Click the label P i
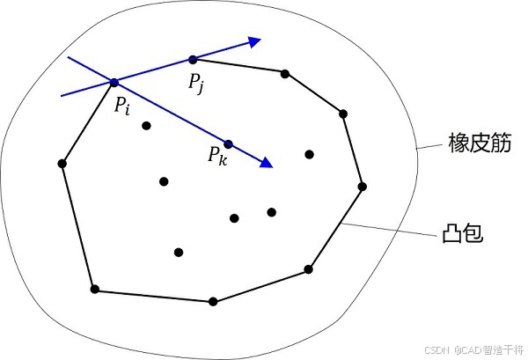tap(121, 104)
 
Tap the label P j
tap(196, 84)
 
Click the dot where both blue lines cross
tap(114, 83)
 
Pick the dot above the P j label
tap(193, 60)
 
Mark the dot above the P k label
tap(228, 143)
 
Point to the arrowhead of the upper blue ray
tap(254, 40)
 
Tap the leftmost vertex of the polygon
tap(62, 163)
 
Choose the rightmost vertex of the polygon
tap(363, 186)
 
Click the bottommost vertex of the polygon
tap(213, 301)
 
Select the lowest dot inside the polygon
tap(179, 253)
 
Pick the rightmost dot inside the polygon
tap(310, 154)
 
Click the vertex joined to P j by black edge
tap(285, 73)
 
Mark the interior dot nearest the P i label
tap(146, 125)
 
